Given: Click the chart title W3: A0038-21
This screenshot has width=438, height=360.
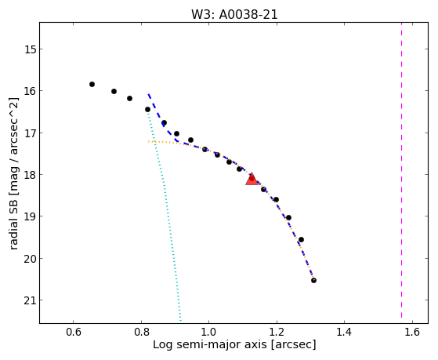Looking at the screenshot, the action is click(234, 15).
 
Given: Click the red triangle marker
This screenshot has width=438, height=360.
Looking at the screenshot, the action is click(252, 179).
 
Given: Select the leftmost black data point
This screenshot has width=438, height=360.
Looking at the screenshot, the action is click(92, 84).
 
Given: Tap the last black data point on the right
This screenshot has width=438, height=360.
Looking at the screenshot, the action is click(313, 280).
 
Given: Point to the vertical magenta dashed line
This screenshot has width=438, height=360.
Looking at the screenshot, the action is click(401, 170).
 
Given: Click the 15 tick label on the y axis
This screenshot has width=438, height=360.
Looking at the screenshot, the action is click(30, 49).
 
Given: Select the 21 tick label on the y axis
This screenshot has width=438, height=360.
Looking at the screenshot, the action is click(30, 300).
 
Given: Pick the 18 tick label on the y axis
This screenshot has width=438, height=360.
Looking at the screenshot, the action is click(30, 175).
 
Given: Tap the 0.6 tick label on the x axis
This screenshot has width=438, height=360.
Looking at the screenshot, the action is click(73, 332).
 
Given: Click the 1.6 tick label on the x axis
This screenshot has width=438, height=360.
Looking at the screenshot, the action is click(412, 332).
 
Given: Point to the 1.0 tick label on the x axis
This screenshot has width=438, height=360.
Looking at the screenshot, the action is click(208, 332).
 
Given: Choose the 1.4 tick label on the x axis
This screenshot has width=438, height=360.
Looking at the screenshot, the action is click(344, 332).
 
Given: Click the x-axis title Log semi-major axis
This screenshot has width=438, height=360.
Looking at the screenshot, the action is click(210, 344).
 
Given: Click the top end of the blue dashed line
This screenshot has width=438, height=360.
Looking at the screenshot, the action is click(149, 94).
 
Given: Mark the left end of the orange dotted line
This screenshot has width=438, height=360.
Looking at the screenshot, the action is click(148, 141).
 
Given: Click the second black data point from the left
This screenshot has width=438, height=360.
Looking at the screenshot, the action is click(114, 91).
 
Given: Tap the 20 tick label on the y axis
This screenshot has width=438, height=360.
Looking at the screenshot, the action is click(30, 259).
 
